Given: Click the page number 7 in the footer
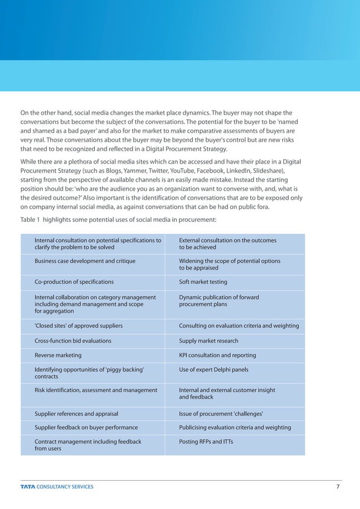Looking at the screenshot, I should click(337, 486).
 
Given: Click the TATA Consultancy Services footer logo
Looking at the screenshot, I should click(57, 486).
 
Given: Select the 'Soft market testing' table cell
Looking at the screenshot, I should click(203, 282).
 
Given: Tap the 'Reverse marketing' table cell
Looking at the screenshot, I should click(58, 356).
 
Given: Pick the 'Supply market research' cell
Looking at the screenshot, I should click(208, 341).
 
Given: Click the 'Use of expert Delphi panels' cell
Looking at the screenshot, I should click(213, 370).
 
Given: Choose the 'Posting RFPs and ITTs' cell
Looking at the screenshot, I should click(205, 442).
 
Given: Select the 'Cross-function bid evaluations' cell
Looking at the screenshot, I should click(73, 341).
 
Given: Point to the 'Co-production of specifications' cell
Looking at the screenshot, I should click(74, 282).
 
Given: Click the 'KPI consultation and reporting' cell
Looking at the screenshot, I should click(217, 356).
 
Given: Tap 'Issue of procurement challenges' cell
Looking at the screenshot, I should click(221, 413).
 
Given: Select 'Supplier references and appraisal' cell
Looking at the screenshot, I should click(76, 413).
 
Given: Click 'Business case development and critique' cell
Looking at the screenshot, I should click(85, 261).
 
